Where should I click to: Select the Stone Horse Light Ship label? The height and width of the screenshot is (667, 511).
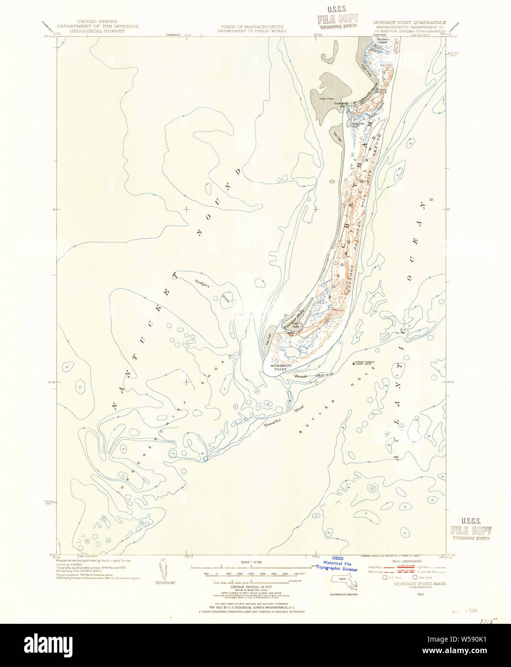[x=365, y=363]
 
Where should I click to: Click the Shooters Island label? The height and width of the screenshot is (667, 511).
[x=382, y=41]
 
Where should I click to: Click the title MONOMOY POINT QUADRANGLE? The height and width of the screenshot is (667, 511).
[x=409, y=23]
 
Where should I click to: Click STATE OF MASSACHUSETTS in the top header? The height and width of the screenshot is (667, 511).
[x=252, y=27]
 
